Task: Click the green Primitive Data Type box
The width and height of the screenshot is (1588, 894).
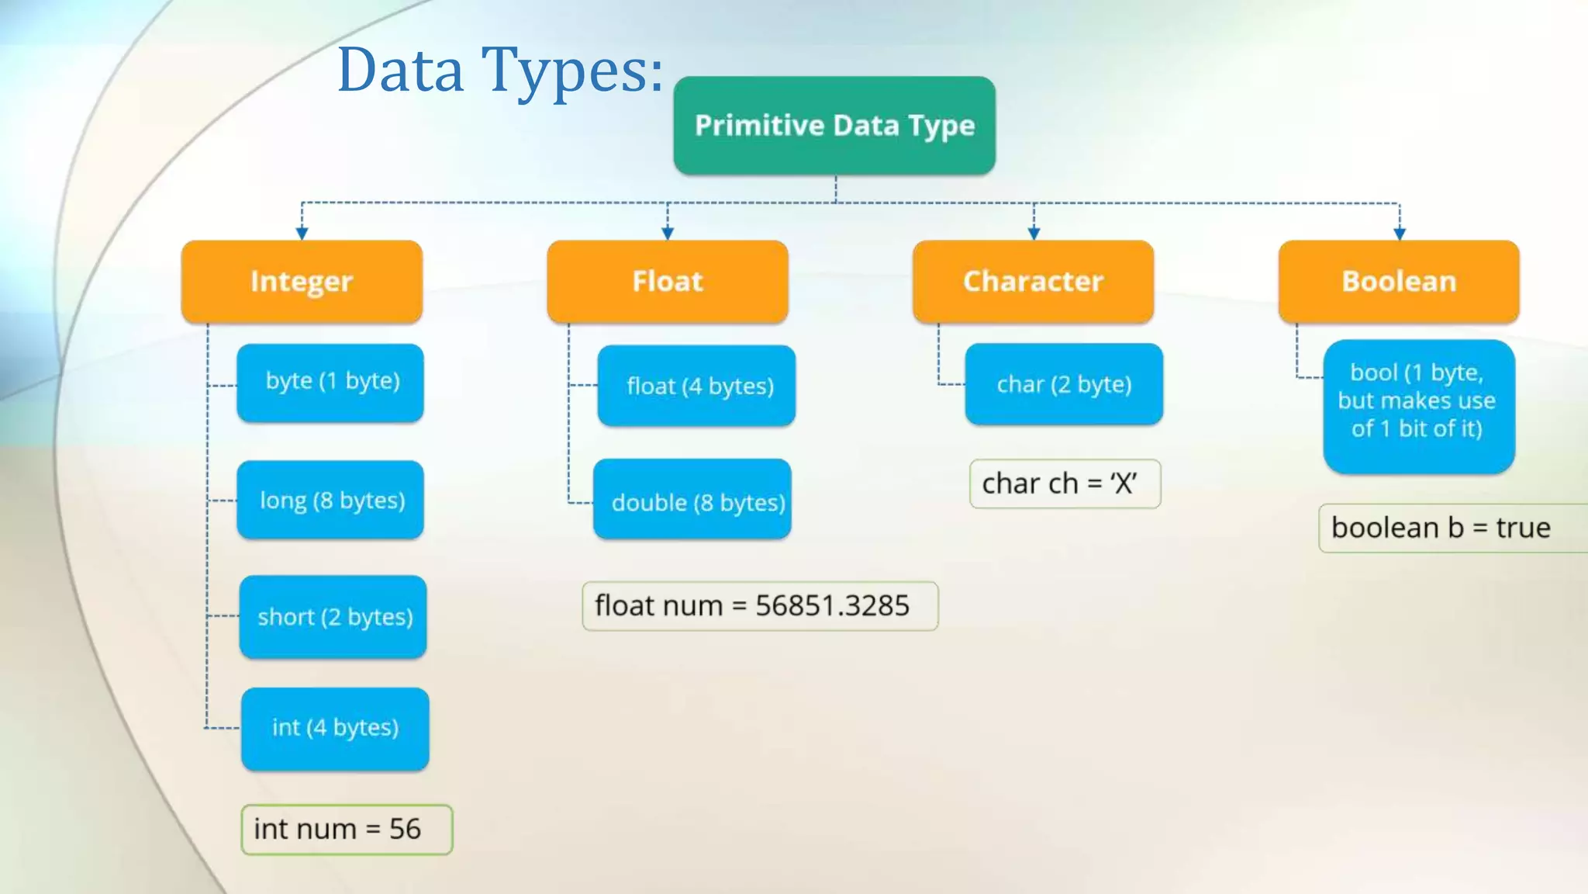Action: [x=834, y=126]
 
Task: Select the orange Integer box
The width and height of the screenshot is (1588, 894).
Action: [x=302, y=281]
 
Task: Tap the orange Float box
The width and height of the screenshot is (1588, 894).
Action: [x=667, y=281]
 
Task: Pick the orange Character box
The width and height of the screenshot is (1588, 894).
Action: [x=1033, y=281]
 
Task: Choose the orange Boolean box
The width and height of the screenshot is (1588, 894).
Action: [x=1399, y=281]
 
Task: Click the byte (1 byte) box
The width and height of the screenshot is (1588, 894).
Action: [x=331, y=383]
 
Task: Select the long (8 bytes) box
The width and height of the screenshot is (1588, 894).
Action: [x=331, y=500]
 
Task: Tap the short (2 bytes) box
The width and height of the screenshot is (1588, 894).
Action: [x=333, y=617]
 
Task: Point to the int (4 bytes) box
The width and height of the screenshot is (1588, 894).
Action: [x=335, y=729]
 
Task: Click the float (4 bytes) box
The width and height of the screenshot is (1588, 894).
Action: [x=697, y=386]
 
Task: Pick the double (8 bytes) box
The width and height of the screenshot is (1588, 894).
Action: [x=693, y=501]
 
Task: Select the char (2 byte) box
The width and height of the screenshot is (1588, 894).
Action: [x=1064, y=384]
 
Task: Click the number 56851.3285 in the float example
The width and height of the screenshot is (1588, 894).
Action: [x=832, y=606]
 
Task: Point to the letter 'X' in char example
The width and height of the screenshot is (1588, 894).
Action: [x=1123, y=484]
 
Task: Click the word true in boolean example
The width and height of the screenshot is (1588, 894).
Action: [x=1523, y=528]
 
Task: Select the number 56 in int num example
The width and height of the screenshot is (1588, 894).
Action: [x=405, y=830]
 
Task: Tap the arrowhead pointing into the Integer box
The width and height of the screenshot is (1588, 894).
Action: [x=302, y=233]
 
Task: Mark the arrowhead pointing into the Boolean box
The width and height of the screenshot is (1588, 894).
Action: [x=1400, y=233]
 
